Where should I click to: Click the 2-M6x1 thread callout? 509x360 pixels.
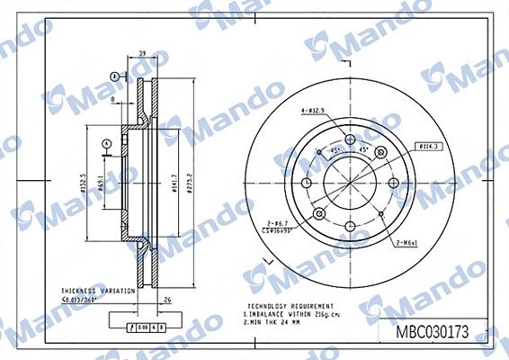click(x=408, y=243)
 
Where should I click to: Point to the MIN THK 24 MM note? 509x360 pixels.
click(x=272, y=322)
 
